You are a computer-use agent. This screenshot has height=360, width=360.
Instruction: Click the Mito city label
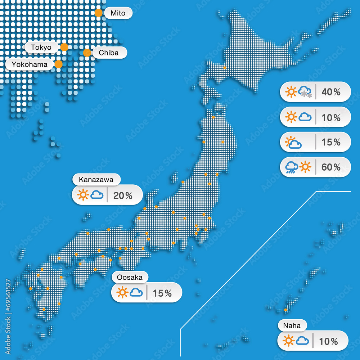click(118, 13)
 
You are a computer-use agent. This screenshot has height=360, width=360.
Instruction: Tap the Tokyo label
click(41, 47)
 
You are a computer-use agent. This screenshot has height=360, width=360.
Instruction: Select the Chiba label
click(108, 53)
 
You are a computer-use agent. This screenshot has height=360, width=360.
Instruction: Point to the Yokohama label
click(30, 64)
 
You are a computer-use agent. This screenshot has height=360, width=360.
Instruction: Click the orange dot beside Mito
click(98, 13)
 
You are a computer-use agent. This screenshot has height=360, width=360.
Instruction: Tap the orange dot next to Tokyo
click(64, 47)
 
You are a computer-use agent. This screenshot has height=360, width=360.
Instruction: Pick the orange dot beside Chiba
click(87, 53)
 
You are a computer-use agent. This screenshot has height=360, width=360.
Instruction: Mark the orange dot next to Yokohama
click(58, 64)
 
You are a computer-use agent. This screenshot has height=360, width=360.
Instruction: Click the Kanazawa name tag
click(96, 179)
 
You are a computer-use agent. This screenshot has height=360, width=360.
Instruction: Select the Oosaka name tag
click(130, 277)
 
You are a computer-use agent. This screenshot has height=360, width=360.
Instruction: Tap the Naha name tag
click(292, 325)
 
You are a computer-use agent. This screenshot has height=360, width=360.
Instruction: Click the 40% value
click(331, 92)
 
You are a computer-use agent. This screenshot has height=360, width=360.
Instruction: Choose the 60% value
click(331, 167)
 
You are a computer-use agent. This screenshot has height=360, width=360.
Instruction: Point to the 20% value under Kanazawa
click(123, 195)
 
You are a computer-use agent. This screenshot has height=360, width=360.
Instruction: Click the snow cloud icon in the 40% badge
click(305, 91)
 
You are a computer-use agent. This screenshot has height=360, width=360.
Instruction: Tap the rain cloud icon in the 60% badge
click(292, 167)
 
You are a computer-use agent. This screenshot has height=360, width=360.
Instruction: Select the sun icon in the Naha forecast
click(289, 341)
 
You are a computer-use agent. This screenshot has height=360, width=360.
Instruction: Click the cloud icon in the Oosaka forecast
click(136, 292)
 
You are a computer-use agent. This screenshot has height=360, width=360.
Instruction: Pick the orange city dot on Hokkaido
click(225, 67)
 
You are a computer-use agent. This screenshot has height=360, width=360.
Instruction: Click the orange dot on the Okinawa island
click(285, 310)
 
